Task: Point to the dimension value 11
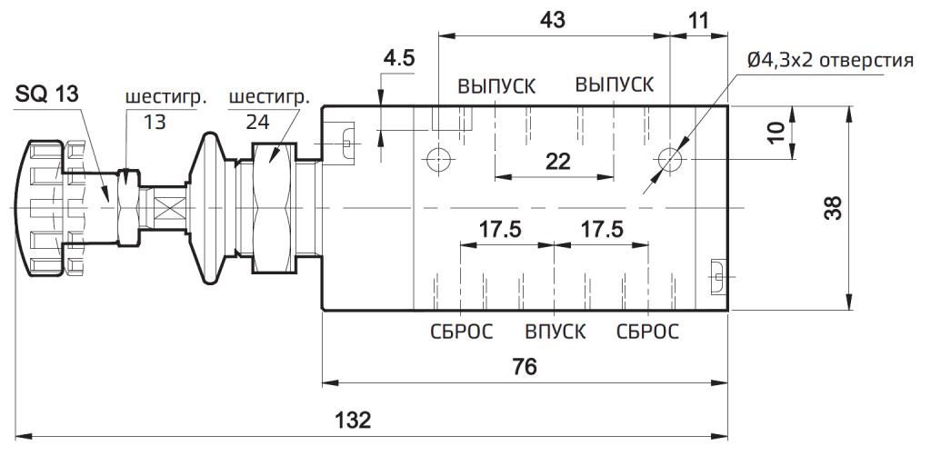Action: [698, 20]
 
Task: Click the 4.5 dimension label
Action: [398, 59]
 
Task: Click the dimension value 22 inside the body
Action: [557, 162]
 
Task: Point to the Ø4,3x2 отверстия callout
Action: [828, 61]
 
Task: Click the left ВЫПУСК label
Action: [496, 85]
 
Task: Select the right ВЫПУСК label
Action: [614, 84]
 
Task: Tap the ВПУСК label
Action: [555, 331]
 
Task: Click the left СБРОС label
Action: [461, 331]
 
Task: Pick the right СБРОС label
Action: [647, 331]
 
